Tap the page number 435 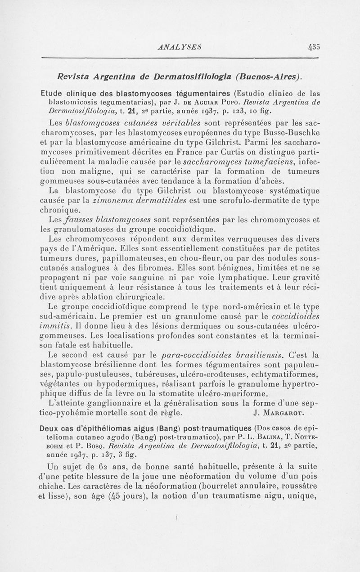pyautogui.click(x=312, y=46)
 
